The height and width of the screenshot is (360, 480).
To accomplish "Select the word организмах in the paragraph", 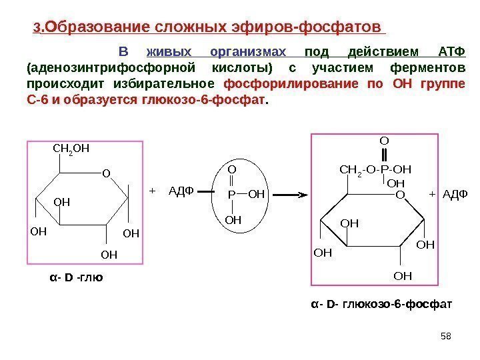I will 248,53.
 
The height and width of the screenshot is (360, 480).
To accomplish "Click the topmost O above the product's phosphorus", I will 383,141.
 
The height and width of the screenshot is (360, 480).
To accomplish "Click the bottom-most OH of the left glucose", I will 109,254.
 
